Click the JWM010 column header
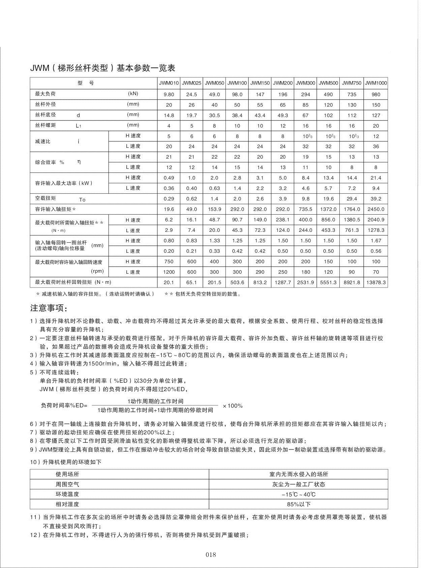tap(169, 83)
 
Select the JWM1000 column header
tap(376, 83)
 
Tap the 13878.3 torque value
tap(376, 282)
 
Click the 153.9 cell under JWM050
tap(214, 209)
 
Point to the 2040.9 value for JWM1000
tap(376, 220)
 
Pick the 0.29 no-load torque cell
tap(169, 199)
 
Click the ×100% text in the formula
tap(233, 406)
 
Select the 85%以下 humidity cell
tap(298, 504)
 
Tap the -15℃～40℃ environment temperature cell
tap(298, 494)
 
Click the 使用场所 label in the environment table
tap(67, 474)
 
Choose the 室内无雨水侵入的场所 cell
tap(298, 474)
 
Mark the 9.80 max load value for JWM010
tap(169, 94)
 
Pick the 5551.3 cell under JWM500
tap(328, 282)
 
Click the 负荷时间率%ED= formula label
tap(64, 406)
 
